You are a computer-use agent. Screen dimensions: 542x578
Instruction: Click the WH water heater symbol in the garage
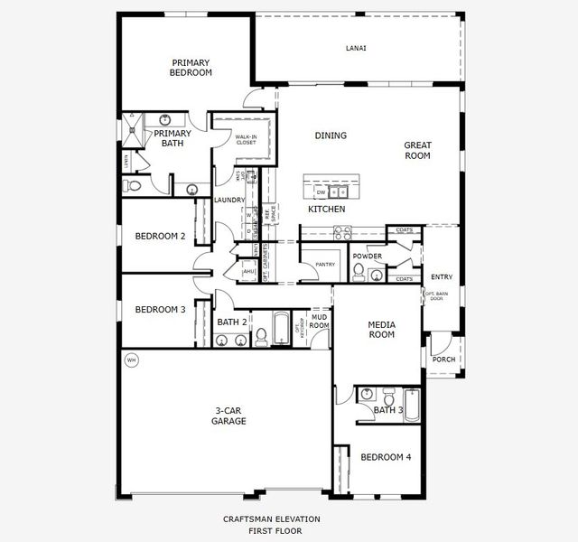click(130, 360)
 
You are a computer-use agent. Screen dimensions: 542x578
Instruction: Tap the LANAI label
click(356, 48)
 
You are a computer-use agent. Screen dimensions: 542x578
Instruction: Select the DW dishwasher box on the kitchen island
click(321, 192)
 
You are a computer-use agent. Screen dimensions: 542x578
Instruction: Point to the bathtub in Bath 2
click(281, 329)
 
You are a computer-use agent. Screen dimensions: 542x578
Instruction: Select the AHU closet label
click(248, 271)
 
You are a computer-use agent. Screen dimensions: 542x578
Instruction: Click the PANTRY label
click(324, 265)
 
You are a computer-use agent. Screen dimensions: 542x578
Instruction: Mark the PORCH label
click(443, 360)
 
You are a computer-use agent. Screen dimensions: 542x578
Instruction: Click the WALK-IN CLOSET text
click(246, 139)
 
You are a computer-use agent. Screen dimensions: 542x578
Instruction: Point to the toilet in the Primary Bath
click(134, 185)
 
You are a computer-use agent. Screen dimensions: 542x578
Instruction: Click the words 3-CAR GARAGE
click(228, 416)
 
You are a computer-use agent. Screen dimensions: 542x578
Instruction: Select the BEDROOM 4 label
click(386, 457)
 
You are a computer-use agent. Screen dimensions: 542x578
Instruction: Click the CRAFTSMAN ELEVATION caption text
click(271, 519)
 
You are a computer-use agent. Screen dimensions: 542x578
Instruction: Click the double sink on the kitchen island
click(339, 192)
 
